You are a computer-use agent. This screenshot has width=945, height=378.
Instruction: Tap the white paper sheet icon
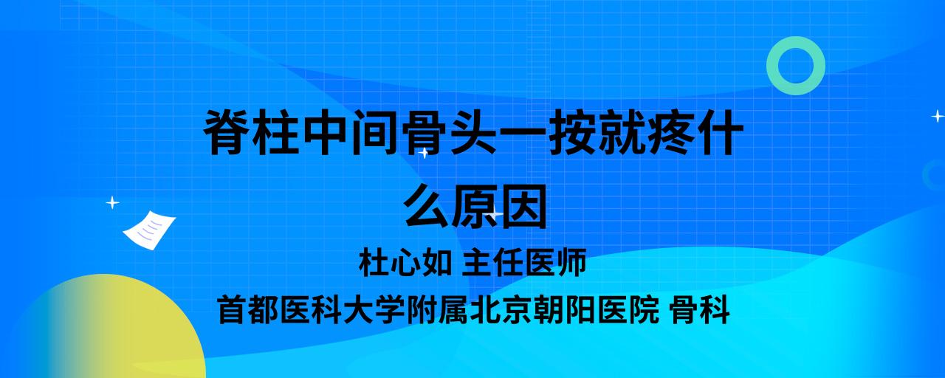[x=149, y=230]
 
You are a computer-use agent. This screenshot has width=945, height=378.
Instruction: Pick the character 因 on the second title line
[x=523, y=206]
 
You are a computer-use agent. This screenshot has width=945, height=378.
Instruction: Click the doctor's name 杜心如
[x=405, y=262]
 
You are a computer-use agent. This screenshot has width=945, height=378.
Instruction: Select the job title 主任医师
[x=524, y=262]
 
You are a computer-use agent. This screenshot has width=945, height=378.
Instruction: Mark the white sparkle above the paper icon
[x=112, y=203]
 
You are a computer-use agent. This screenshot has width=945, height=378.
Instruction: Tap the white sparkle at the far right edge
[x=938, y=116]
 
